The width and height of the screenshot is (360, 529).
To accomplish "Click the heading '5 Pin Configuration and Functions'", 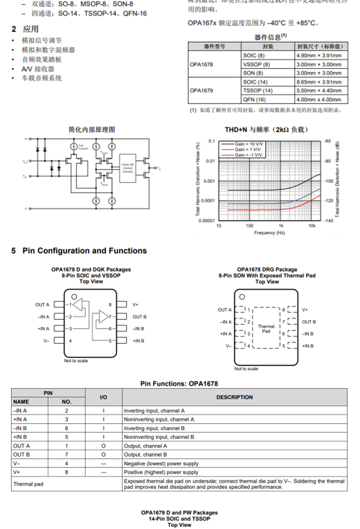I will [x=79, y=251].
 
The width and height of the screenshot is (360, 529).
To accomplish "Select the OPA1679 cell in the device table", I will [x=201, y=90].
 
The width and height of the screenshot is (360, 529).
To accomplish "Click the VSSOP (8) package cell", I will [x=253, y=64].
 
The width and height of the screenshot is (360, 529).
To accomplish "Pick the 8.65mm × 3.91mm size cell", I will [x=319, y=82].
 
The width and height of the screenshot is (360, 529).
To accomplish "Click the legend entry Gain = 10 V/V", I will [x=248, y=144].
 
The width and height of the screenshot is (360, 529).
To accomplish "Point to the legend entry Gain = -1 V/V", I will [x=248, y=155].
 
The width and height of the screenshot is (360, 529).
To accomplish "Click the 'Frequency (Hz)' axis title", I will [x=269, y=233].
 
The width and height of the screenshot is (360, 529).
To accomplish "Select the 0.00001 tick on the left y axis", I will [x=205, y=221].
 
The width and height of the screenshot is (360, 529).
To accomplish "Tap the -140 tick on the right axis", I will [x=327, y=221].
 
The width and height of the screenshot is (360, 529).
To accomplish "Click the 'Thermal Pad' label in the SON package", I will [x=266, y=329].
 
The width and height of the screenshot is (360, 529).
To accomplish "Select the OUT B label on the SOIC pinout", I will [x=139, y=316].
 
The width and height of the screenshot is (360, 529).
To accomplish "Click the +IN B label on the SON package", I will [x=308, y=346].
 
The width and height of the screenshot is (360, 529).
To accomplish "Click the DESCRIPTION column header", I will [x=234, y=397].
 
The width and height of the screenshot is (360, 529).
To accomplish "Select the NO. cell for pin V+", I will [x=67, y=472].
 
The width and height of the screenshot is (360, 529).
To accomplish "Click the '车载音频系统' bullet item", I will [x=42, y=78].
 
